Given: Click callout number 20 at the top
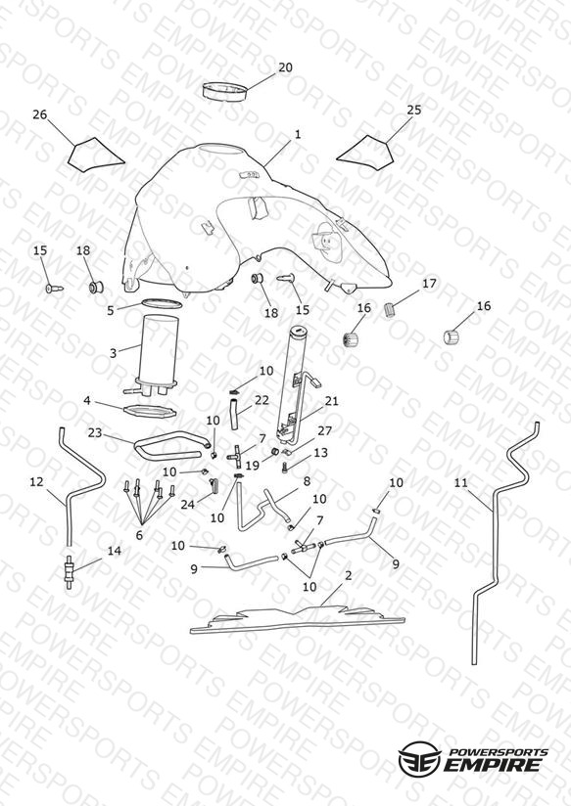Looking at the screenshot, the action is tap(285, 67).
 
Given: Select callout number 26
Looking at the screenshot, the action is tap(39, 114).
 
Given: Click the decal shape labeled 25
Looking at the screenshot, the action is tap(366, 153).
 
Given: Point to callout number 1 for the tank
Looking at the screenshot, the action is tap(298, 134).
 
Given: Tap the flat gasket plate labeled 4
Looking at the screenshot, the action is tap(151, 412).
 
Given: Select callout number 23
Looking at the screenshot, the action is tap(95, 432).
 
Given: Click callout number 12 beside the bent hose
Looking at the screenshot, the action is tap(36, 481).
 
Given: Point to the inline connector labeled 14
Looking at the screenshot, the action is tap(69, 571).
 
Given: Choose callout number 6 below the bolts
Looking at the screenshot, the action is tap(139, 535).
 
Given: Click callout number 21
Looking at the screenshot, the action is tap(332, 400).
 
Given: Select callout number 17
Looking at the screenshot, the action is tap(429, 284).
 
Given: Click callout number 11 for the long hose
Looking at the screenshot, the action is tap(461, 482).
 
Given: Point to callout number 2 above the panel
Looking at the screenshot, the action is tap(348, 575).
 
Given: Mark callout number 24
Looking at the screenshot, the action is tap(187, 505).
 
